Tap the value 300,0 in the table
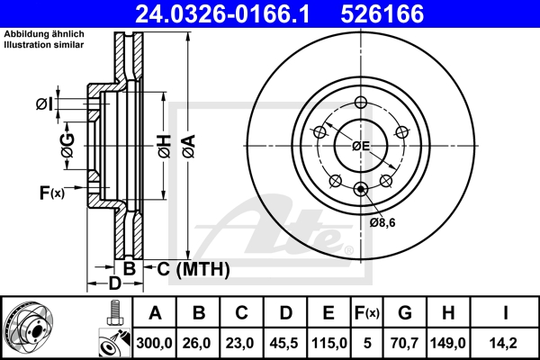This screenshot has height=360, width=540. (155, 342)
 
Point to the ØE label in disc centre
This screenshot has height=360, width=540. (361, 146)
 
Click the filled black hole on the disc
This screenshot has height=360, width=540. (361, 188)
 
